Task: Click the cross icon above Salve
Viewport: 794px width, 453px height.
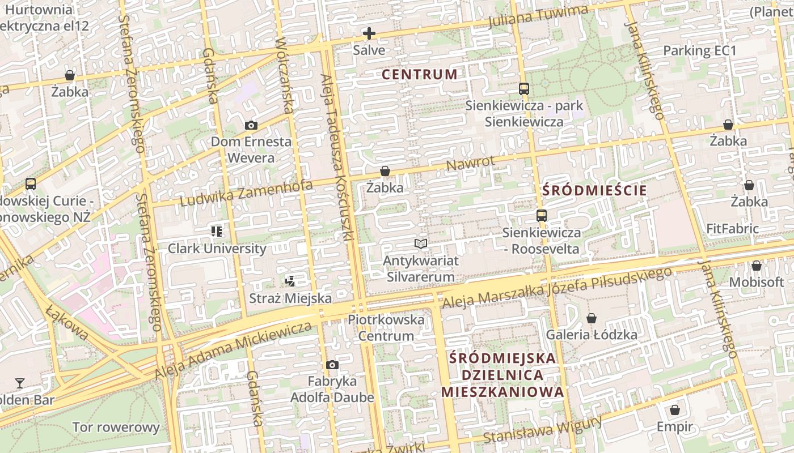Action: click(369, 33)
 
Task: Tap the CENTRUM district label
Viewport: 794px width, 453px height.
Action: click(419, 74)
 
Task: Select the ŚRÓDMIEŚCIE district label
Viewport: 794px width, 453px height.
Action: click(594, 190)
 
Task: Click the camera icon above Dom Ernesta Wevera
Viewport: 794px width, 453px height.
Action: click(251, 125)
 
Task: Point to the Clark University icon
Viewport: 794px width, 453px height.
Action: click(216, 231)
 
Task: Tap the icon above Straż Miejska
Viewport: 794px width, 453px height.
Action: click(290, 280)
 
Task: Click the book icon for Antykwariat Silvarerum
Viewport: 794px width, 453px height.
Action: click(420, 243)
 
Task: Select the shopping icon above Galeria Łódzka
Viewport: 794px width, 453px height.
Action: click(591, 318)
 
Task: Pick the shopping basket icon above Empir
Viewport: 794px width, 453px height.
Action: click(674, 410)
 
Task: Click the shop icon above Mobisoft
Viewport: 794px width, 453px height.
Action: click(756, 266)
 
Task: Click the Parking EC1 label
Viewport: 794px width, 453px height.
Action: click(699, 51)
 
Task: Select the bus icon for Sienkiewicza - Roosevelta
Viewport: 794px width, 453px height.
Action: click(542, 216)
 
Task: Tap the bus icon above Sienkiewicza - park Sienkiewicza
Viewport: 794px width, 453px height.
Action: click(523, 89)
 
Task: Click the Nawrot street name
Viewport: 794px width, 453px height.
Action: click(470, 164)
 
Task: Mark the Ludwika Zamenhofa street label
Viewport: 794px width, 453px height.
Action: click(246, 193)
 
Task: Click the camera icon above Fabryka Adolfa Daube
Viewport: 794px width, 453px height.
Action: click(332, 365)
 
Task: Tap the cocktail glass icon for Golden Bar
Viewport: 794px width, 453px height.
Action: click(20, 383)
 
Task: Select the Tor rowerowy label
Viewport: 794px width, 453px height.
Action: click(116, 427)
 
